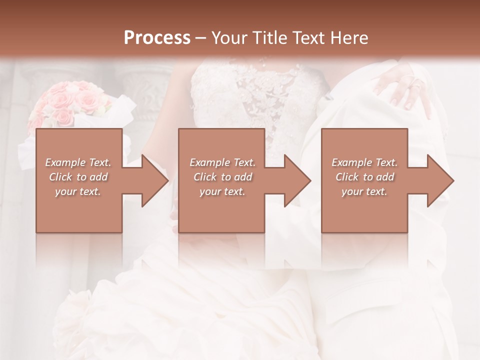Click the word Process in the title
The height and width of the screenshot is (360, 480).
click(x=157, y=38)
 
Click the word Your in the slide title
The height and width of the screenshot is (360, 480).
click(x=228, y=38)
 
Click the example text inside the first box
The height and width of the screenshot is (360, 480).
click(x=78, y=177)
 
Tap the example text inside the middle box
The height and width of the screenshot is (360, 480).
click(x=222, y=177)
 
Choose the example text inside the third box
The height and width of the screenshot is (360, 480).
click(x=364, y=177)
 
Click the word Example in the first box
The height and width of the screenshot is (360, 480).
click(x=65, y=162)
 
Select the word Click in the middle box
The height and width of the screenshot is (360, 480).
click(x=204, y=177)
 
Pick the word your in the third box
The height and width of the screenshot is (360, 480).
click(x=351, y=191)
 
